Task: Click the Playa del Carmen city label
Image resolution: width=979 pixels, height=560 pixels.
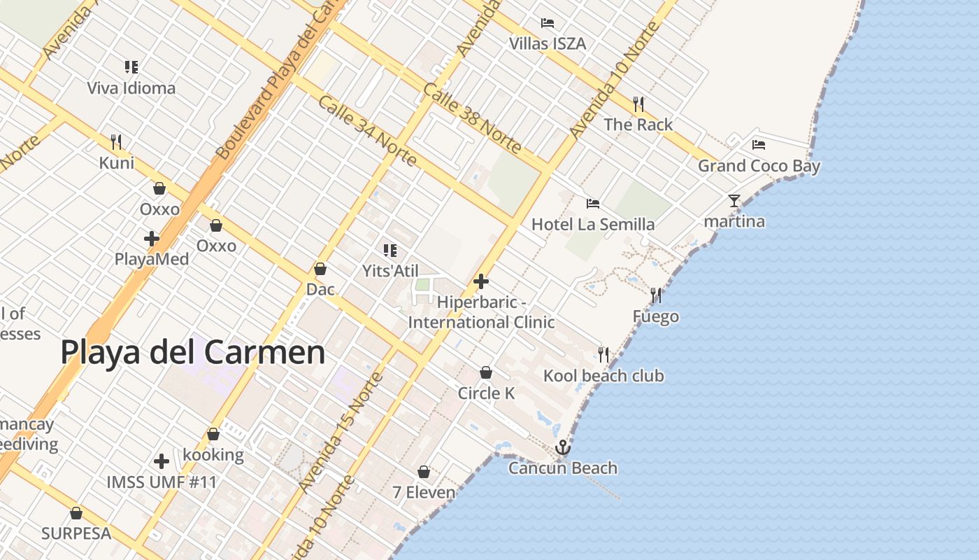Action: click(192, 352)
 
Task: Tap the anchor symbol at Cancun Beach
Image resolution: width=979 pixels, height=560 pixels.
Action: click(562, 447)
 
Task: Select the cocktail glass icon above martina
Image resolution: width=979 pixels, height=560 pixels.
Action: click(734, 201)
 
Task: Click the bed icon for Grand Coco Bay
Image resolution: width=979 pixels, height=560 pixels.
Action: click(759, 145)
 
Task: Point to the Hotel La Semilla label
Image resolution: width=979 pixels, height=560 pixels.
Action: click(593, 224)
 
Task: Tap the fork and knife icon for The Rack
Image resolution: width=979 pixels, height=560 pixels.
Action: click(638, 104)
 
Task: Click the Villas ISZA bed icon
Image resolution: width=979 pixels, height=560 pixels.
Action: click(548, 23)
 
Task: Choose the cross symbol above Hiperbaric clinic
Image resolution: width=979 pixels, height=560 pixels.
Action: click(481, 281)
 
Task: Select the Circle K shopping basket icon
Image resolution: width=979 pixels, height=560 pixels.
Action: click(486, 372)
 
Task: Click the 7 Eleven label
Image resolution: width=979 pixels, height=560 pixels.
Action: click(424, 492)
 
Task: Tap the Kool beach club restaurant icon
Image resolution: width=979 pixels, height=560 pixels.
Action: click(603, 354)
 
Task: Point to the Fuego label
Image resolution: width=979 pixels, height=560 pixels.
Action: click(655, 316)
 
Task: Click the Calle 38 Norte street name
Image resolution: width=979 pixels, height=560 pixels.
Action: click(472, 118)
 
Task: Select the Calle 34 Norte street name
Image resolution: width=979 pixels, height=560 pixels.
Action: click(367, 131)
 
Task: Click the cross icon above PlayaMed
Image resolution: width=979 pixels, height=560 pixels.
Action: click(151, 239)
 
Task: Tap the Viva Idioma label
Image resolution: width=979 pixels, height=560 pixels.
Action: click(131, 88)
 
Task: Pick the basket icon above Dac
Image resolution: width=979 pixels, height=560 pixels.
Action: click(320, 269)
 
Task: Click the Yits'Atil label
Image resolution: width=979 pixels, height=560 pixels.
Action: click(390, 270)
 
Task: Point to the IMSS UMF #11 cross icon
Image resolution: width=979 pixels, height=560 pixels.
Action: click(162, 461)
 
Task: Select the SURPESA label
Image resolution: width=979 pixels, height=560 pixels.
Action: click(76, 533)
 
